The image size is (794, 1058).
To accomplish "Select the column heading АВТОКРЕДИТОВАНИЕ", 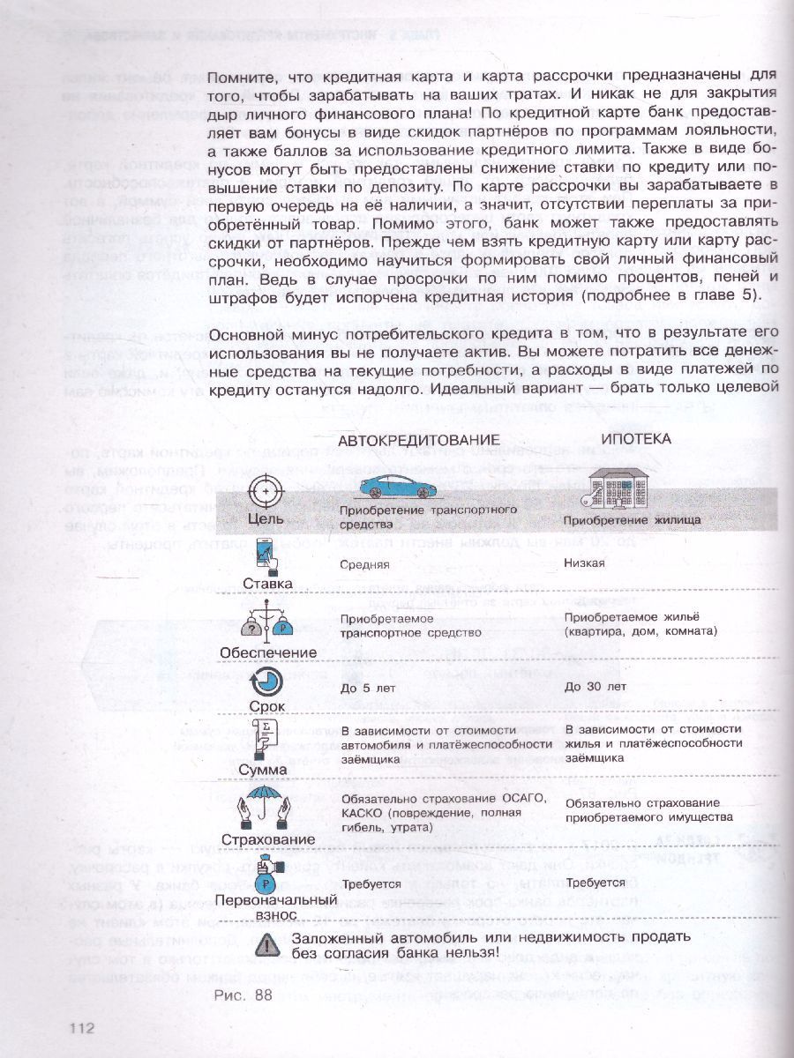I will pyautogui.click(x=420, y=439).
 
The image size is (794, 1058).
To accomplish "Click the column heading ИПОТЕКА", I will pyautogui.click(x=635, y=438).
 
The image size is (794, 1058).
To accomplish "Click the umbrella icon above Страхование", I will pyautogui.click(x=266, y=804).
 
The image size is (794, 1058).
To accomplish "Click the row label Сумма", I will pyautogui.click(x=263, y=770).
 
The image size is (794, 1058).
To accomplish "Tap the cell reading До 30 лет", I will pyautogui.click(x=596, y=687).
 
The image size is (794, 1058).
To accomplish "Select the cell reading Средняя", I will pyautogui.click(x=365, y=564).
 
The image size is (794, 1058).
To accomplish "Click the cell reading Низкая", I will pyautogui.click(x=585, y=563).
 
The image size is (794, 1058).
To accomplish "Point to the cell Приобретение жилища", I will pyautogui.click(x=633, y=519).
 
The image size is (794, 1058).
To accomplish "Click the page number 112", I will pyautogui.click(x=80, y=1029).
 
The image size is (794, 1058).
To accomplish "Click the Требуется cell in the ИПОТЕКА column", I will pyautogui.click(x=595, y=882).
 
